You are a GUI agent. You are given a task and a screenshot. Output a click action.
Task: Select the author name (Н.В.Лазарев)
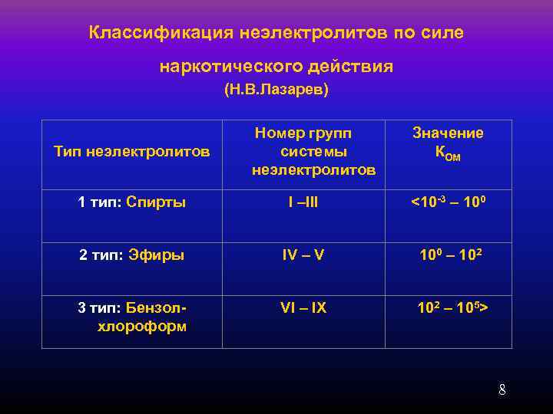[276, 90]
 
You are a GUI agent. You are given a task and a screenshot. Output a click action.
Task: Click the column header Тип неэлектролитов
[132, 152]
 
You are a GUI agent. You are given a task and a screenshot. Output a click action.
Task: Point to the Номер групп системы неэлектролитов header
[313, 151]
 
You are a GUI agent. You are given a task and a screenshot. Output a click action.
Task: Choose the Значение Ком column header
[448, 143]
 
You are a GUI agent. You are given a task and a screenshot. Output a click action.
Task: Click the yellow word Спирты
[156, 202]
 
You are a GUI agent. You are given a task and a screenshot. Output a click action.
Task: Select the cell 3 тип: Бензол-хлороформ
[132, 316]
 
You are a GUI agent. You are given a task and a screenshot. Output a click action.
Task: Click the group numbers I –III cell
[303, 202]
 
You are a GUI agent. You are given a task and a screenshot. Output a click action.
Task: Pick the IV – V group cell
[303, 255]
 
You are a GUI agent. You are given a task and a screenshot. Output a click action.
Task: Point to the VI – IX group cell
[303, 307]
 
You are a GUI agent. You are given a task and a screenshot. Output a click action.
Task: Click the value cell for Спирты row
[448, 202]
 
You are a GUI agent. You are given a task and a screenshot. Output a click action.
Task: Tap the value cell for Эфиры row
[449, 255]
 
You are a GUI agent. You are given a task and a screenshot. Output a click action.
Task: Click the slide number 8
[502, 389]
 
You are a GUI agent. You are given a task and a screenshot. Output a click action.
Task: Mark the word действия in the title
[350, 67]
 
